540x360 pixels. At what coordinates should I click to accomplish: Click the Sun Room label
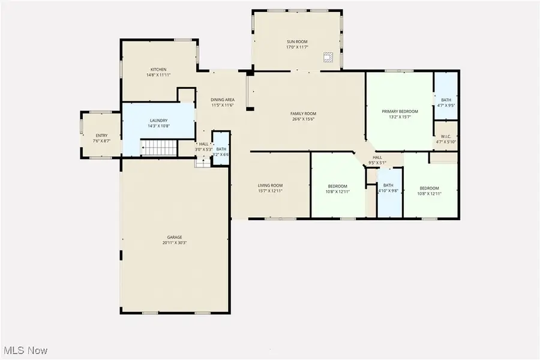tap(297, 41)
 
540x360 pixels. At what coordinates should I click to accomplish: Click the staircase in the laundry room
tap(160, 147)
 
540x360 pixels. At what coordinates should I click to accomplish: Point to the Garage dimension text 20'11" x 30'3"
tap(175, 243)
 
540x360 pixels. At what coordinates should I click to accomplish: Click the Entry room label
tap(102, 135)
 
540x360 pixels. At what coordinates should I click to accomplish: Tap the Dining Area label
tap(222, 100)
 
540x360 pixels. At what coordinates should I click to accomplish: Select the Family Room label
tap(303, 113)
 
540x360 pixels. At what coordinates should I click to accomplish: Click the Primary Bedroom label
tap(400, 112)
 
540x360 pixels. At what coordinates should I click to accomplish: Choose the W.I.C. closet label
tap(446, 136)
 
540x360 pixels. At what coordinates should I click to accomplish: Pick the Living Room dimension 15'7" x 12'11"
tap(270, 191)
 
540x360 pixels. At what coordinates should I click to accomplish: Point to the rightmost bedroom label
tap(430, 188)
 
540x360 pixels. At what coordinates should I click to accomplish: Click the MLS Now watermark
tap(26, 350)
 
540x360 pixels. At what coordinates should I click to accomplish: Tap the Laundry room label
tap(158, 121)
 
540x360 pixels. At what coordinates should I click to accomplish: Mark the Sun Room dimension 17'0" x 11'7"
tap(297, 47)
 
